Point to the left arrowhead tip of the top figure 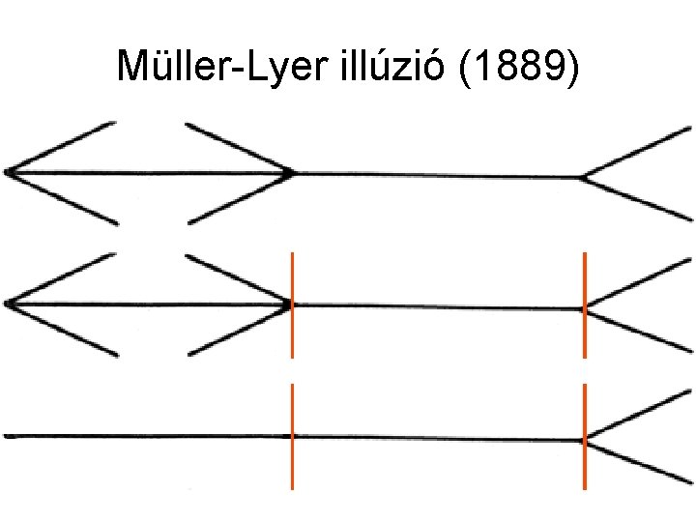click(x=8, y=172)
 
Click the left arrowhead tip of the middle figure click(x=8, y=304)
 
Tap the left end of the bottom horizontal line click(x=8, y=436)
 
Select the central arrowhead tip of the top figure click(x=291, y=173)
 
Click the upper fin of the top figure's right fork click(x=638, y=153)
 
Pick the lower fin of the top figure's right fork click(x=638, y=198)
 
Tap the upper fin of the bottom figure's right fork click(x=638, y=416)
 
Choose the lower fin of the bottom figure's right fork click(x=638, y=461)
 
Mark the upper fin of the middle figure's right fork click(x=638, y=284)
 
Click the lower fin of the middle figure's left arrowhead click(x=63, y=330)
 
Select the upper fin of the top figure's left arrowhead click(x=63, y=147)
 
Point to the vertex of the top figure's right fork click(x=583, y=177)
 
